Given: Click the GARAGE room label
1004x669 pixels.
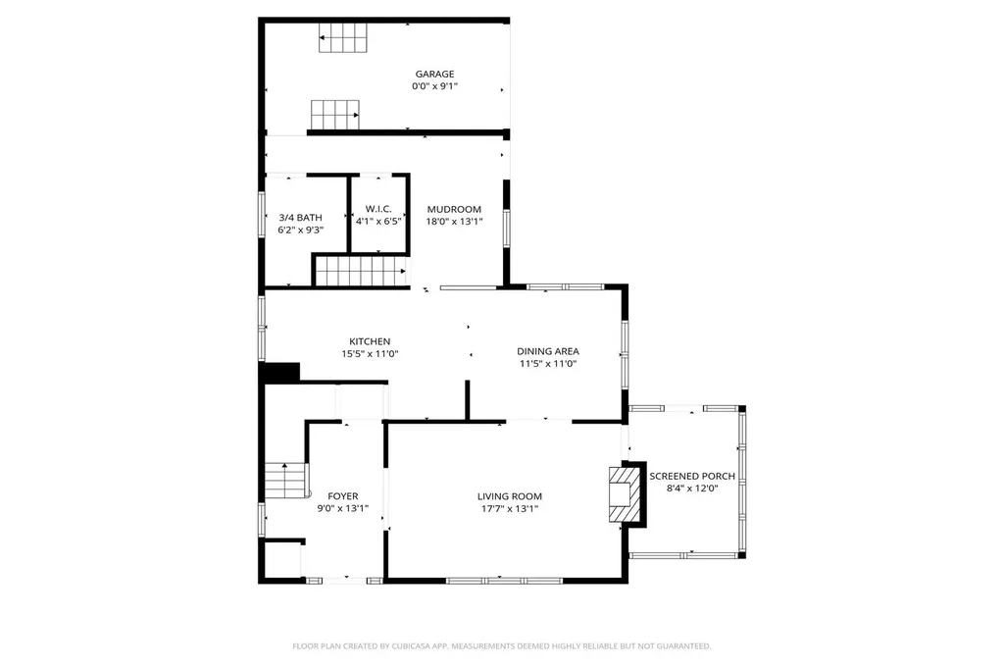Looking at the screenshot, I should click(434, 74).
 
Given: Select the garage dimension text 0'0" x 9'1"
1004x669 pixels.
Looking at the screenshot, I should click(434, 86).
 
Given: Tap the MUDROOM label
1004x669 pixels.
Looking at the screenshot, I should click(453, 209).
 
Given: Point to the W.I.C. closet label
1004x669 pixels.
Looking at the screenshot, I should click(378, 209).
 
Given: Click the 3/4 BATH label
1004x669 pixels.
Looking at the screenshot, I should click(300, 217).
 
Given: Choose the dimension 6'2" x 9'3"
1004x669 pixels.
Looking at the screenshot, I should click(300, 230).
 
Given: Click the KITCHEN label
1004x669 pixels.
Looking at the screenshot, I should click(370, 341).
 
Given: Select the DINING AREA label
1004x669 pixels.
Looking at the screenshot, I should click(548, 351).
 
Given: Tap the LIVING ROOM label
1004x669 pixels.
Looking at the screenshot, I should click(509, 496).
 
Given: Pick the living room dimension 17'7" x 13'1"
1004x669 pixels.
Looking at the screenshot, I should click(509, 509).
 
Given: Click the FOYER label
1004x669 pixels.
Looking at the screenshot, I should click(342, 496).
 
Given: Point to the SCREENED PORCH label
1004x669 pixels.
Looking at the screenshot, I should click(692, 476).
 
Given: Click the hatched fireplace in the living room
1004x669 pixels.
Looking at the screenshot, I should click(622, 495).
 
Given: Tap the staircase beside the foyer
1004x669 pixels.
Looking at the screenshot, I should click(286, 482).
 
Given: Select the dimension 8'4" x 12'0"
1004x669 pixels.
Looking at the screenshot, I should click(692, 489).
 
